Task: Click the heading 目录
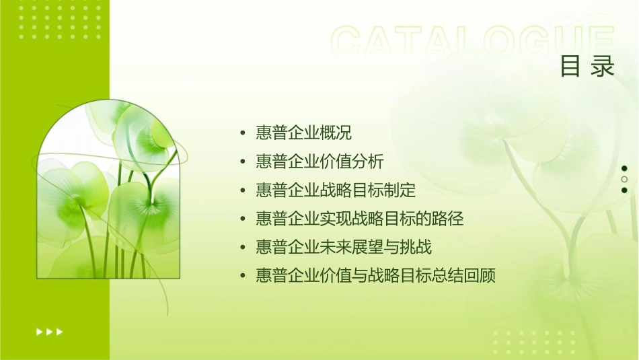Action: coord(587,67)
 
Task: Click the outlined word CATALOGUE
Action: coord(473,42)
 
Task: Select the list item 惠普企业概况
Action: coord(303,133)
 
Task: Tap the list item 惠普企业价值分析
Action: coord(319,161)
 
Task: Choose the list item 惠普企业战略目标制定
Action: coord(336,190)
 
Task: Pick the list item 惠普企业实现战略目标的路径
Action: coord(360,219)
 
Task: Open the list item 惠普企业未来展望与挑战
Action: coord(344,248)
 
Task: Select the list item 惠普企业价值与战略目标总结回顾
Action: coord(375,276)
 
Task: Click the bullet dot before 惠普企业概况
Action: coord(243,133)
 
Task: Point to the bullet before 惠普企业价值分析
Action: coord(243,162)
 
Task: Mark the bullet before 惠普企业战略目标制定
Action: coord(243,190)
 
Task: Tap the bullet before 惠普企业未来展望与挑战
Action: coord(243,248)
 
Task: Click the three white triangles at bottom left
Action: coord(50,332)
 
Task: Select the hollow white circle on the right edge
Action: coord(624,180)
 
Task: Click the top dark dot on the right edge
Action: coord(624,168)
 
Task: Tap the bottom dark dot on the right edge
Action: coord(624,190)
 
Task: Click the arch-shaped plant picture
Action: coord(108,192)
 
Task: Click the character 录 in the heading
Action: coord(603,67)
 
